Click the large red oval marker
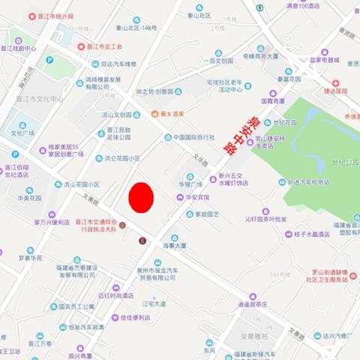click(x=141, y=197)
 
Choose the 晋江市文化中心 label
click(x=39, y=98)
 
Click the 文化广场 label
click(x=22, y=133)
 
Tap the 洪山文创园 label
click(x=120, y=115)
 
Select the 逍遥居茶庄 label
click(x=253, y=304)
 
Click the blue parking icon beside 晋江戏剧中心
click(x=49, y=60)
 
